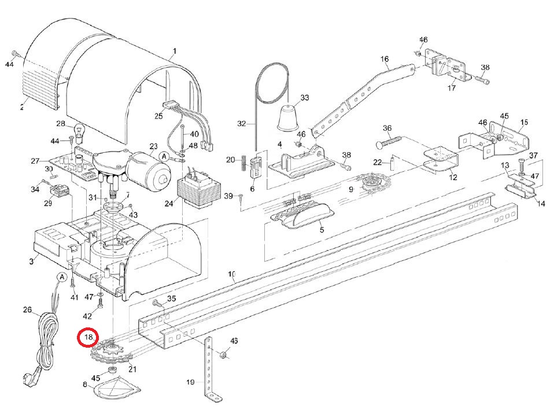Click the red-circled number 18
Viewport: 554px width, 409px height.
88,337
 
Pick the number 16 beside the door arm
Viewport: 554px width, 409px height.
385,60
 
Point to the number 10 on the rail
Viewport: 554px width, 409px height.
232,274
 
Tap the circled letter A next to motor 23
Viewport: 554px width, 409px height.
164,156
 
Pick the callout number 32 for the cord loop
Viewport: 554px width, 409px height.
242,124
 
